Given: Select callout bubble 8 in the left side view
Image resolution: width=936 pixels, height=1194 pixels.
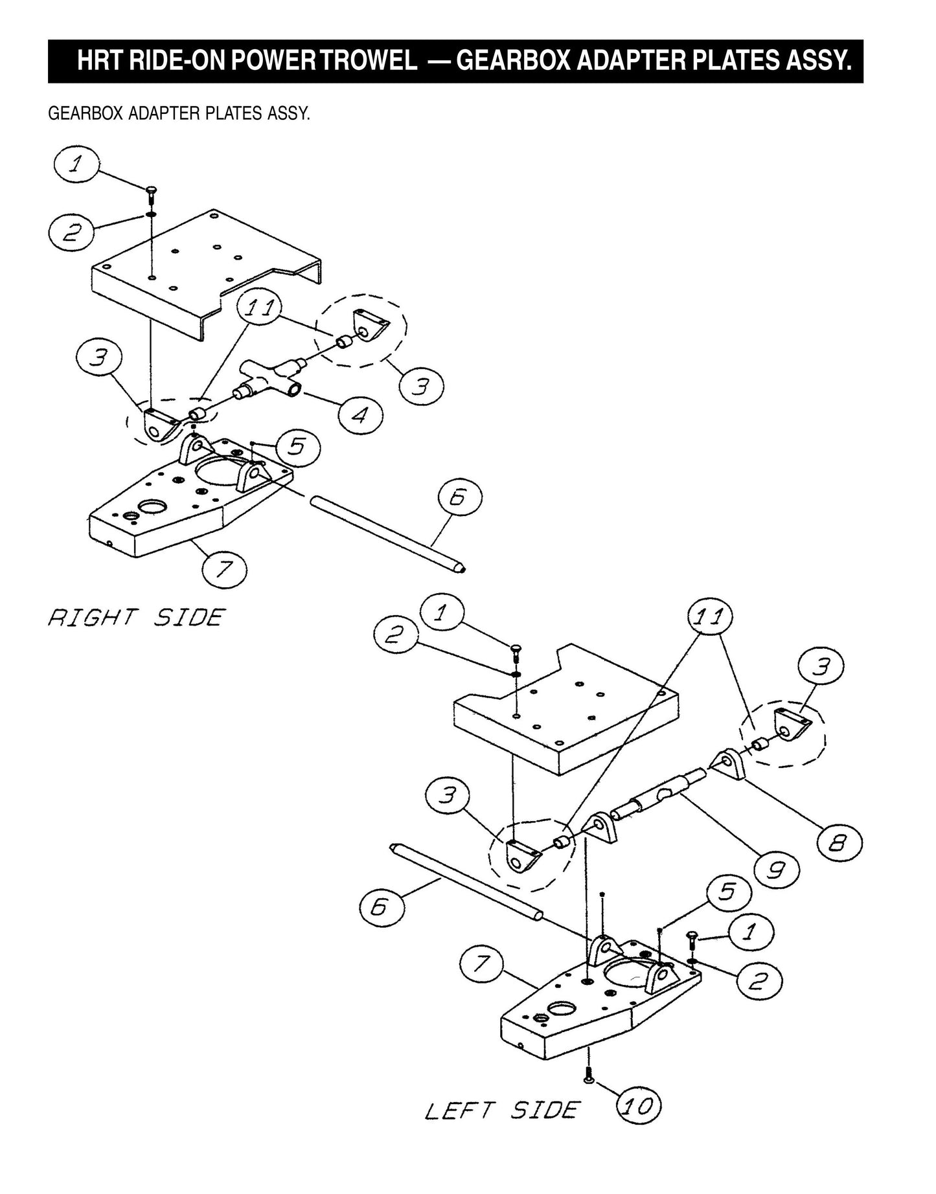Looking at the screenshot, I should [x=839, y=842].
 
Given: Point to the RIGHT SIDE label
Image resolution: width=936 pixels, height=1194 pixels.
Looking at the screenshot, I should [x=136, y=617].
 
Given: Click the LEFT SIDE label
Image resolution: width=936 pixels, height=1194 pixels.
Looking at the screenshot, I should [x=501, y=1110].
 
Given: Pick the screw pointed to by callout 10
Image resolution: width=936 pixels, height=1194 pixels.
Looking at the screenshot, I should [x=589, y=1077].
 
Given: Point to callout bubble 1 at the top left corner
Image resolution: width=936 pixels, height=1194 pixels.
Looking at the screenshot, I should [x=76, y=165].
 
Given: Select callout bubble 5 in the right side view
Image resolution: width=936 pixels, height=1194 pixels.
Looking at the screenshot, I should [x=297, y=447].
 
